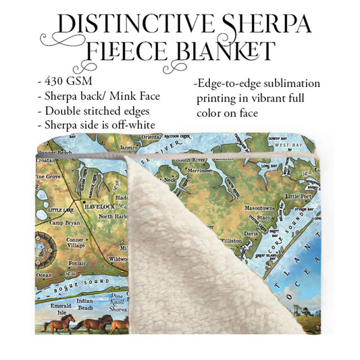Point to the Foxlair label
75,263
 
